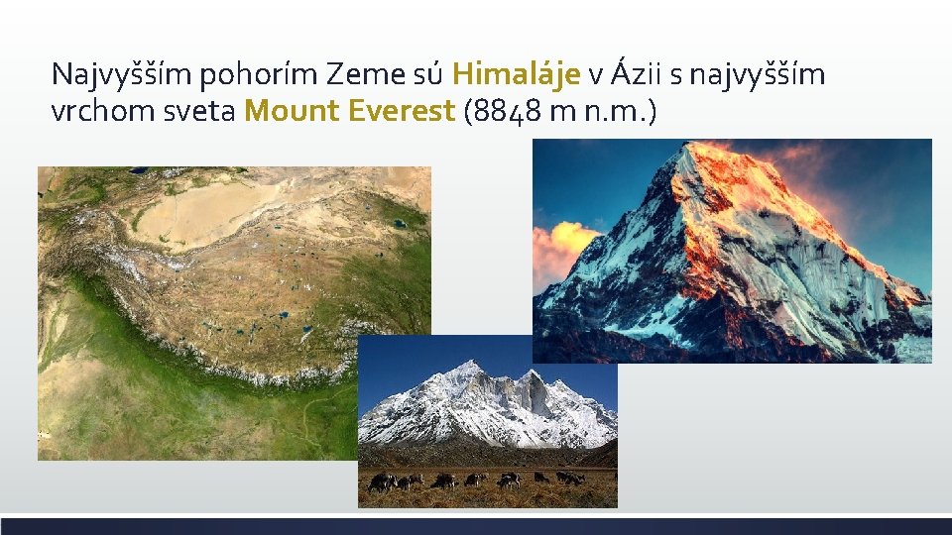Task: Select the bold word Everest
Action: tap(401, 111)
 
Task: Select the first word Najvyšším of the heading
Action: tap(112, 74)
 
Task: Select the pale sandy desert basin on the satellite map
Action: tap(203, 213)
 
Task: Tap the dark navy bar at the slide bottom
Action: tap(476, 525)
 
